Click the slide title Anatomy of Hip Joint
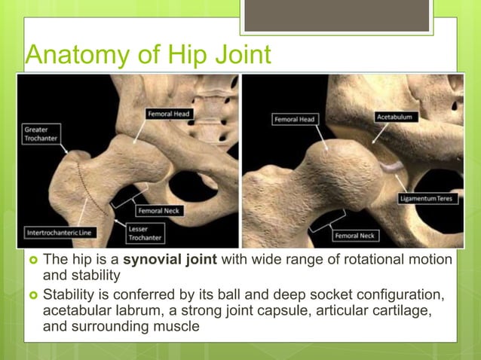click(147, 55)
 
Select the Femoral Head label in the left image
click(170, 114)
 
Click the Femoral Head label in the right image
click(293, 120)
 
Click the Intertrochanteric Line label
click(58, 232)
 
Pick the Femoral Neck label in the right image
click(355, 236)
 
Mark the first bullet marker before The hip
click(33, 261)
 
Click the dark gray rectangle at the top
click(337, 16)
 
